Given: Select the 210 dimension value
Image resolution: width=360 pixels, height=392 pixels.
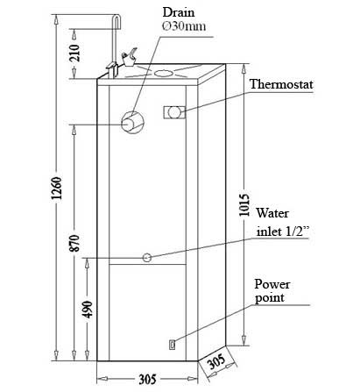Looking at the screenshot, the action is [74, 53].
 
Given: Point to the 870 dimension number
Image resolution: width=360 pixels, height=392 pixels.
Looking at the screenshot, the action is [74, 243].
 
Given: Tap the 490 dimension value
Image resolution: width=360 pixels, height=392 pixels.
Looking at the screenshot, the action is [88, 309].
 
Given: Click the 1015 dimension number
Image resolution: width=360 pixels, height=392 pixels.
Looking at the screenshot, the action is [244, 205].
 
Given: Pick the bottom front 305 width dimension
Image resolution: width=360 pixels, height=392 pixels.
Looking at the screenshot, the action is [147, 380].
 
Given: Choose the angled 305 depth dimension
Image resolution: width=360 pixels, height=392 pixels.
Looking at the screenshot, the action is [217, 362].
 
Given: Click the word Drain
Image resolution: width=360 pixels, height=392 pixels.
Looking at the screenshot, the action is [178, 12].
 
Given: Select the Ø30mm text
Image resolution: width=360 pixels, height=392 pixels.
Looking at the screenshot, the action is [184, 26].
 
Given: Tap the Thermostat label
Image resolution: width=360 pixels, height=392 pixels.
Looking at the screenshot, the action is [281, 84].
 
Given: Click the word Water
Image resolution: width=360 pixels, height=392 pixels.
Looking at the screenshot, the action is [272, 213].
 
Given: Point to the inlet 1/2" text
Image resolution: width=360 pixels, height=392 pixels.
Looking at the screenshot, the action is [282, 232].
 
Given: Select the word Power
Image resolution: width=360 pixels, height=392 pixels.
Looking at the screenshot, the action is [272, 284].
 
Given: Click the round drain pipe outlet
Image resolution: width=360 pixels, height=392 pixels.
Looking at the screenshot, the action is [132, 123].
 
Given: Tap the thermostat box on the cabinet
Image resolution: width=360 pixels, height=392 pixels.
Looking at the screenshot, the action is [174, 112].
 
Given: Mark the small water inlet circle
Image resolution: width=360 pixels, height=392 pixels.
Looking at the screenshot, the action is [147, 258].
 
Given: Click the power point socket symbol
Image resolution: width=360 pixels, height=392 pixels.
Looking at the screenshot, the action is [172, 345].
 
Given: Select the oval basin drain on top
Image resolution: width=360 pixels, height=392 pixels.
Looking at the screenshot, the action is [163, 73].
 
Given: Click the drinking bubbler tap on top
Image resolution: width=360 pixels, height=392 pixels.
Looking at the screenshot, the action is [129, 57].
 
